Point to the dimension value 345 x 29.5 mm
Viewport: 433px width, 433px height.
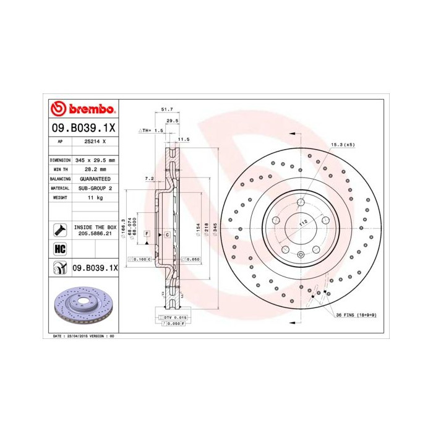pyautogui.click(x=95, y=160)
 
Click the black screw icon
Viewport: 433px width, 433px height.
pyautogui.click(x=60, y=230)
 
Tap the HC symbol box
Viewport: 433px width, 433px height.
pyautogui.click(x=60, y=249)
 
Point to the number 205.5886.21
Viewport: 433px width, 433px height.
pyautogui.click(x=95, y=234)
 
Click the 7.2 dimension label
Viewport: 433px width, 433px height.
pyautogui.click(x=148, y=178)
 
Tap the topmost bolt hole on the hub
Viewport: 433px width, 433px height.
pyautogui.click(x=300, y=202)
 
